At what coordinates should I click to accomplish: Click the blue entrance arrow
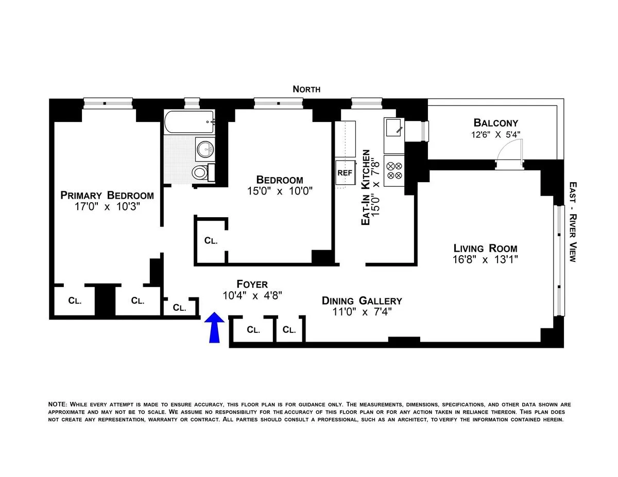tap(214, 327)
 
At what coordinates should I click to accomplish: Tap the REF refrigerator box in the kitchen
tap(345, 173)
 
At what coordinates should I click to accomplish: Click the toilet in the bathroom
tap(199, 172)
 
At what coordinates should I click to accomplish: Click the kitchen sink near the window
tap(394, 127)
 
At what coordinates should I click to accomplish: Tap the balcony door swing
tap(511, 150)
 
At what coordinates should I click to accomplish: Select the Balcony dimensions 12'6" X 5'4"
tap(495, 135)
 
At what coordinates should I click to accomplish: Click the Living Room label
tap(485, 248)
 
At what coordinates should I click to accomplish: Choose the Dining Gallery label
tap(362, 301)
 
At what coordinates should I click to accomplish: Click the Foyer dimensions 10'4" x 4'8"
tap(252, 296)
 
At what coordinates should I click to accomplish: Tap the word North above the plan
tap(306, 89)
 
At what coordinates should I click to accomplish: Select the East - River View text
tap(572, 221)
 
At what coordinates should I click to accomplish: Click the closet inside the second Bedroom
tap(211, 240)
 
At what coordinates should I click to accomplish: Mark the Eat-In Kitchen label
tap(366, 187)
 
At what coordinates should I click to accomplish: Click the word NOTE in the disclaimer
tap(57, 404)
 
